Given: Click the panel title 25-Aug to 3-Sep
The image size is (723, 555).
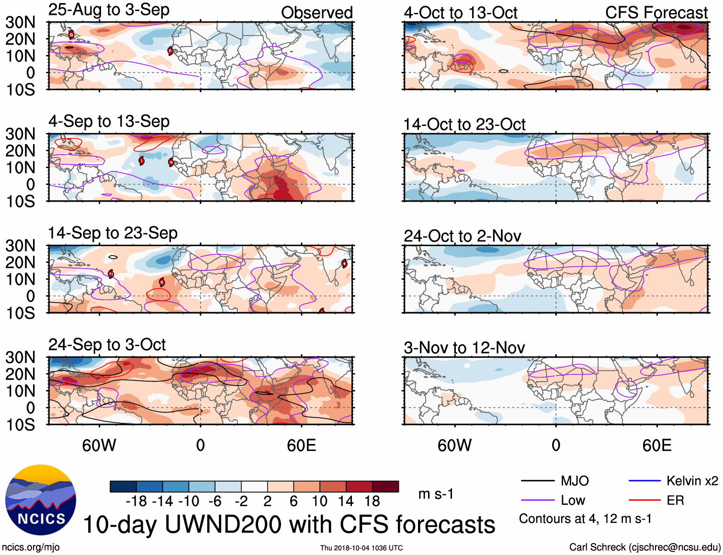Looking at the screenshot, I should [109, 10].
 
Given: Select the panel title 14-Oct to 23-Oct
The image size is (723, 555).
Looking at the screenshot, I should [464, 125].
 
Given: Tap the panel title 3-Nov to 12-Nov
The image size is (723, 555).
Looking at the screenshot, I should [464, 348].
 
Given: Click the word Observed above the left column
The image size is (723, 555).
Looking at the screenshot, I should [316, 13].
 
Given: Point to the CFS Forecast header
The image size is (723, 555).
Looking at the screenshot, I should [656, 13].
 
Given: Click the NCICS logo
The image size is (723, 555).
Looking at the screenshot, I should [41, 500].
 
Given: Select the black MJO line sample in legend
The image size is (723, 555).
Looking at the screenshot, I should [537, 481].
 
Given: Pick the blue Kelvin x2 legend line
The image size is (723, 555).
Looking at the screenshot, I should [644, 481].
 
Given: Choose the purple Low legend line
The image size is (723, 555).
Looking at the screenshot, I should [537, 500].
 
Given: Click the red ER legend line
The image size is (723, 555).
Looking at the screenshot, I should [644, 500].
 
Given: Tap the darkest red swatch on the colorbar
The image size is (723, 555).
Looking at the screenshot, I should [385, 487].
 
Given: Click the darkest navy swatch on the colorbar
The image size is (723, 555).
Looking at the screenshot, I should [123, 487].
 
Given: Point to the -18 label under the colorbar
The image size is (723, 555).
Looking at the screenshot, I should [136, 501].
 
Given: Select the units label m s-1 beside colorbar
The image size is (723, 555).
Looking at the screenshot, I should [436, 494].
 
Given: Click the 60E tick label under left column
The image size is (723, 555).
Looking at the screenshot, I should [301, 445].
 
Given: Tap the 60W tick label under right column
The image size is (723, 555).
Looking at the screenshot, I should [454, 445].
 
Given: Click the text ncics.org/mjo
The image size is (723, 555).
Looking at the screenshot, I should [31, 547].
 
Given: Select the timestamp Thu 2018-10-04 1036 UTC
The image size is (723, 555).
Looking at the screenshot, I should [361, 548].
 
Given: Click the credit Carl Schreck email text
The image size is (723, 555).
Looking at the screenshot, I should [644, 547].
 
